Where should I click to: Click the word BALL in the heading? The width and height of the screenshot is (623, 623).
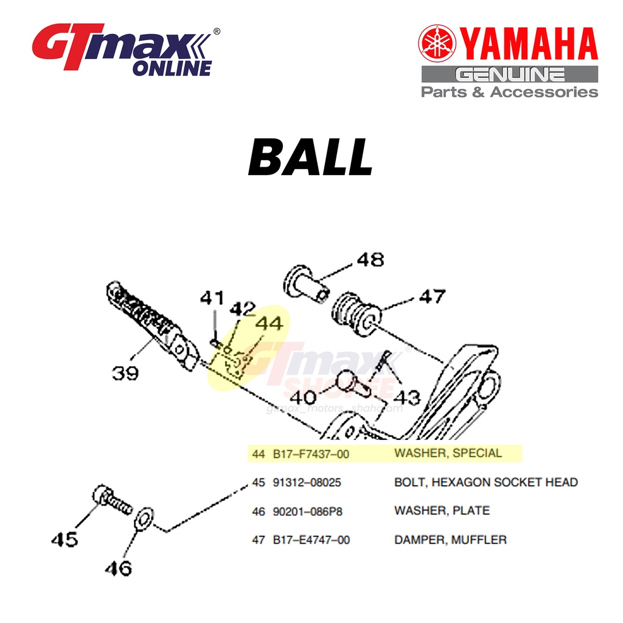310,158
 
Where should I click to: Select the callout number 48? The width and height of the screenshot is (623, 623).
370,260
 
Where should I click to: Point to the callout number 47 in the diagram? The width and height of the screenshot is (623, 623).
431,297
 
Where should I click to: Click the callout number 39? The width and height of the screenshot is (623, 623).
125,372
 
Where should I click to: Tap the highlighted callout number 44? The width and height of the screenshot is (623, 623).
269,324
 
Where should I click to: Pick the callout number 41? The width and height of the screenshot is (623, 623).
212,299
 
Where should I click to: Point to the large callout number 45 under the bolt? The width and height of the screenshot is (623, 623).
64,539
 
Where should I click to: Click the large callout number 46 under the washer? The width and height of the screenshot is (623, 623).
117,568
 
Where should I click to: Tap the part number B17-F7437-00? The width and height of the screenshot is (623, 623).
311,454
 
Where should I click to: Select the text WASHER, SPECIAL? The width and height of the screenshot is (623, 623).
448,453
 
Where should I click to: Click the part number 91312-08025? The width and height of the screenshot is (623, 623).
307,482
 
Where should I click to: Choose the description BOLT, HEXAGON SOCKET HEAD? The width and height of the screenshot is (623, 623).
486,482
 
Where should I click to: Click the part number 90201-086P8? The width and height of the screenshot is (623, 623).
307,511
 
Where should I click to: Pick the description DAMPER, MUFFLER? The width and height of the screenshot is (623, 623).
450,540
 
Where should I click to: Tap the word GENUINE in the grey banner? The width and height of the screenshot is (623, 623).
510,75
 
